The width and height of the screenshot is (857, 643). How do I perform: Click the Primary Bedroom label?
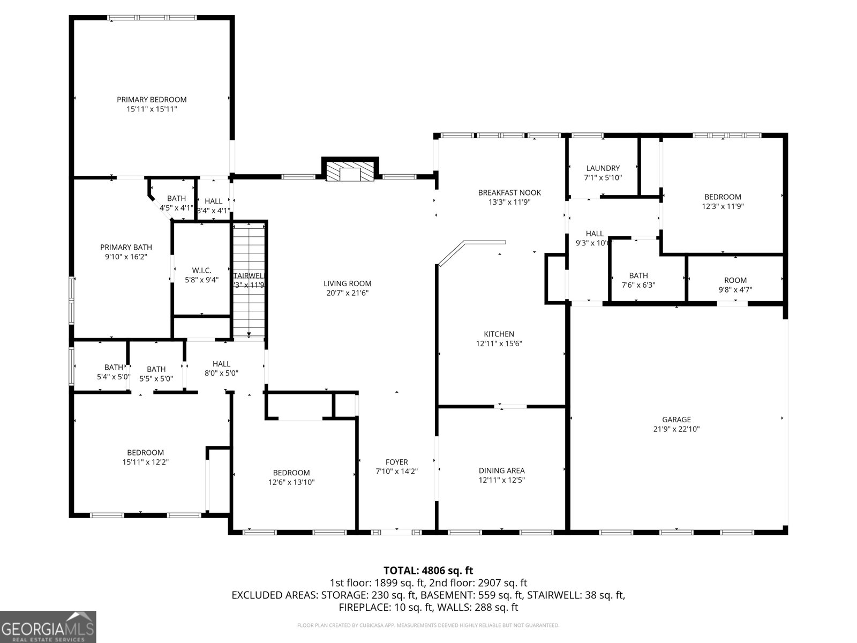coord(152,100)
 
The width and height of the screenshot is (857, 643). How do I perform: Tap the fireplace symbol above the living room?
coord(350,171)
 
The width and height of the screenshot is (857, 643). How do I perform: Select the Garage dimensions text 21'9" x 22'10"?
coord(676,429)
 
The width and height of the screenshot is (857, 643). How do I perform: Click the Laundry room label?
coord(603,168)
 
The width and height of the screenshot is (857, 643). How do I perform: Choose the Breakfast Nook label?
coord(509,192)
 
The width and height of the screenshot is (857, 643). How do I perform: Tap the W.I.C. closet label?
coord(201,270)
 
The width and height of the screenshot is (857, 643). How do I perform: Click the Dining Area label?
coord(501,470)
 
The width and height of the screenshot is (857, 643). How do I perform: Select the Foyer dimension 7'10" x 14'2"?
coord(396,472)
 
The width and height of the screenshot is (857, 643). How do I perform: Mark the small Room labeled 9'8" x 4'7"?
coord(735,285)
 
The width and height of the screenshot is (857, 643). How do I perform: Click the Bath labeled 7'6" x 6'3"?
coord(638,280)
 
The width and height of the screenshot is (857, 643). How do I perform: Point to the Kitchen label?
coord(499,334)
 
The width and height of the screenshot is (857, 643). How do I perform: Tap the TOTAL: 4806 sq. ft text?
coord(428,571)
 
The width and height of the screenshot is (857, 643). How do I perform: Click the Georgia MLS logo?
coord(48,627)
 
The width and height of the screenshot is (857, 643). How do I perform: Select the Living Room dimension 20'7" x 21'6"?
coord(347,293)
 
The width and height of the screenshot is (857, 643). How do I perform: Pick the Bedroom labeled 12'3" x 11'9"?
coord(723,201)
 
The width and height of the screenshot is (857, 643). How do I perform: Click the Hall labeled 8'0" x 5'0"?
coord(221,369)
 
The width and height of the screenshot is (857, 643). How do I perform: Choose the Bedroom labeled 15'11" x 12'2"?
coord(145,457)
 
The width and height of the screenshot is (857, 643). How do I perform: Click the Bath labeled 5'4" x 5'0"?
coord(113,372)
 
